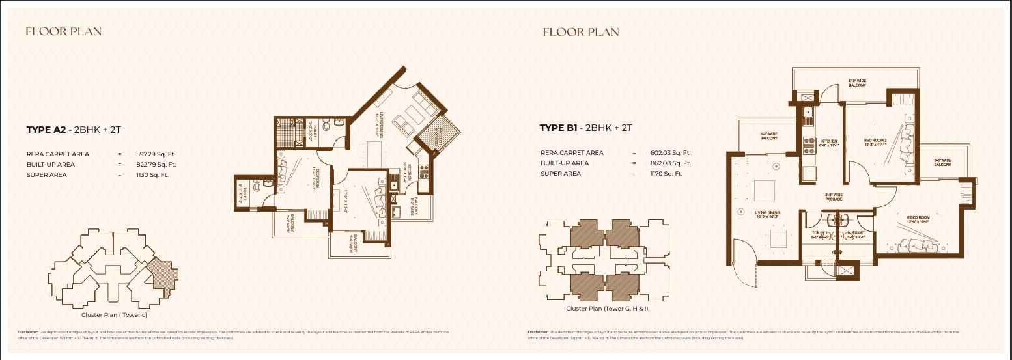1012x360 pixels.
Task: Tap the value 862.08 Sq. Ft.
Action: coord(670,163)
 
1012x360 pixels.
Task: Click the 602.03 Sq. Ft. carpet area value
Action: coord(670,153)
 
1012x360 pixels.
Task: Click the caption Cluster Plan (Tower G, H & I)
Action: coord(607,309)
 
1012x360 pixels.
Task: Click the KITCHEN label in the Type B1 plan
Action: coord(828,143)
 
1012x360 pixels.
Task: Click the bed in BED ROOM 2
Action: coord(905,146)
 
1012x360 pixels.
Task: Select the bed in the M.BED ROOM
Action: coord(920,246)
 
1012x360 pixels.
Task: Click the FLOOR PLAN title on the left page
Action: coord(63,31)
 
